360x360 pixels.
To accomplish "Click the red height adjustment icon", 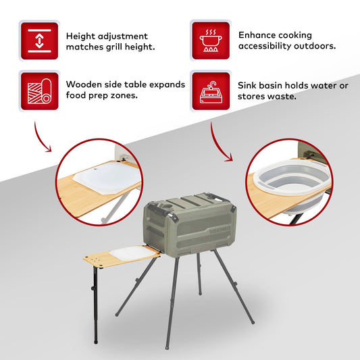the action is coord(39,41).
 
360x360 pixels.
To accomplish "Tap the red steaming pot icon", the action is coord(211,41).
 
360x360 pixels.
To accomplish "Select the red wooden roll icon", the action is coord(39,91).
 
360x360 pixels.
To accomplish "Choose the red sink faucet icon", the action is coord(211,91).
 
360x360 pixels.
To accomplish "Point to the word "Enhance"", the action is coord(253,35).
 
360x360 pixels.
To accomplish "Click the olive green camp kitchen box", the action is coord(189,223).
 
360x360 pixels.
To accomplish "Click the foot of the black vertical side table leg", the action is coord(96,342).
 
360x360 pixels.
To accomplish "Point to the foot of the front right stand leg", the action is coord(253,322).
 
